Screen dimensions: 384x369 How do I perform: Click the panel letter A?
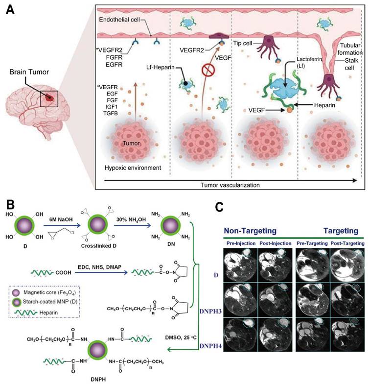9,10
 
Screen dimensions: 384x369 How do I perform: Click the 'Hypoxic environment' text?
134,168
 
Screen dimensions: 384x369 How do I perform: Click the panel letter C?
221,207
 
